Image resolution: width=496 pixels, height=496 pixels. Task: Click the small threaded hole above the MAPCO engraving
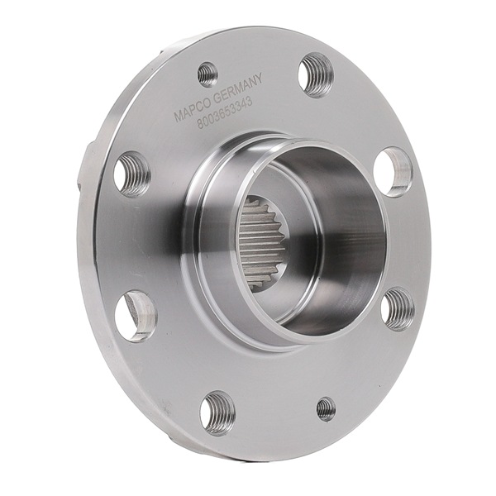click(x=207, y=74)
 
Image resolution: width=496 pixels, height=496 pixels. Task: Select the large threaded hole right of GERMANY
click(x=316, y=74)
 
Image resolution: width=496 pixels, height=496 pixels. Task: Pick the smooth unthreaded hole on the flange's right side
click(x=393, y=171)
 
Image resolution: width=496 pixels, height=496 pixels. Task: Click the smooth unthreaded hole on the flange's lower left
click(x=136, y=315)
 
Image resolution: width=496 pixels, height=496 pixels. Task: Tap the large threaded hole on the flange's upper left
click(x=131, y=174)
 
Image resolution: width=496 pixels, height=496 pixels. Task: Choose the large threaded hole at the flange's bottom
click(x=217, y=412)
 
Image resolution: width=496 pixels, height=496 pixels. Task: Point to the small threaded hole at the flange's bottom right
click(x=326, y=408)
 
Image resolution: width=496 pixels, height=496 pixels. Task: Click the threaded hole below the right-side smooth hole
click(x=398, y=309)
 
